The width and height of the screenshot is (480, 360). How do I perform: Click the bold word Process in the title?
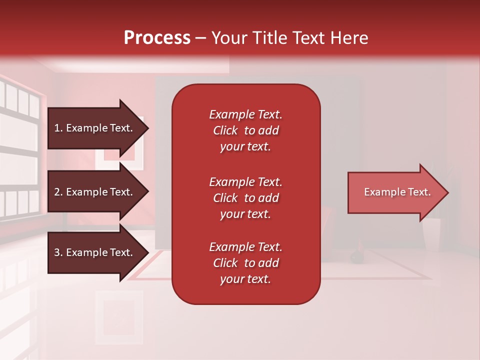(x=157, y=38)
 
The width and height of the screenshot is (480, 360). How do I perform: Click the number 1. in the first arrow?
(x=58, y=128)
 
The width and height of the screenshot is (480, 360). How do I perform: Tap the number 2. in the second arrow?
(x=58, y=192)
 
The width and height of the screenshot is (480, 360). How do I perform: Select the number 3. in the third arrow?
(x=58, y=252)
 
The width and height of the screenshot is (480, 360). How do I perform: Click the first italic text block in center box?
(x=245, y=130)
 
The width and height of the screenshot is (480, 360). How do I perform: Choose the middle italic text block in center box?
(x=245, y=198)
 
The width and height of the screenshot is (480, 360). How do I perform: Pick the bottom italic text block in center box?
(x=245, y=263)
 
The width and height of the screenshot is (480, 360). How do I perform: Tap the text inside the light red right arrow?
(x=397, y=192)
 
